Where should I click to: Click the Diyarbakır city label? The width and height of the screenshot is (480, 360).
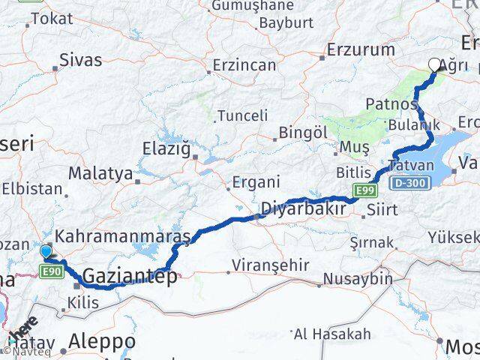click(x=303, y=208)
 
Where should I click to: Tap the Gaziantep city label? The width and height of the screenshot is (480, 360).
click(x=130, y=276)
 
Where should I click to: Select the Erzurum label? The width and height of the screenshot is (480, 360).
click(x=361, y=50)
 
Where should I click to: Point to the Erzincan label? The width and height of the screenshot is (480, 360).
click(x=244, y=65)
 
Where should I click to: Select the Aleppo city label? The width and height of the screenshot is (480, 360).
click(x=102, y=341)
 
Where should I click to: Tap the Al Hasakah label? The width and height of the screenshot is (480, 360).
click(x=332, y=333)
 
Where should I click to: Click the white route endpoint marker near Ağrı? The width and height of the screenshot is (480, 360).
click(x=435, y=65)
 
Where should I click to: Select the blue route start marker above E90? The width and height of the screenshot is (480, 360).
click(x=46, y=252)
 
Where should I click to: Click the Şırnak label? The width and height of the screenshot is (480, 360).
click(x=371, y=242)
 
